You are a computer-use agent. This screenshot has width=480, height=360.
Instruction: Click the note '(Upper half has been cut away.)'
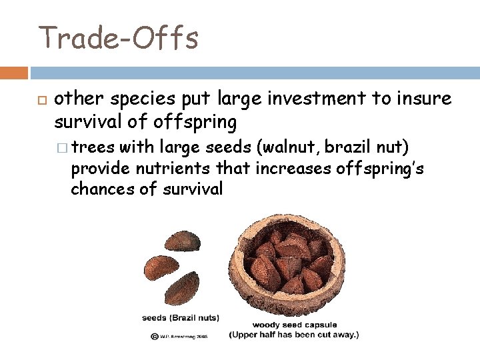click(x=293, y=334)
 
